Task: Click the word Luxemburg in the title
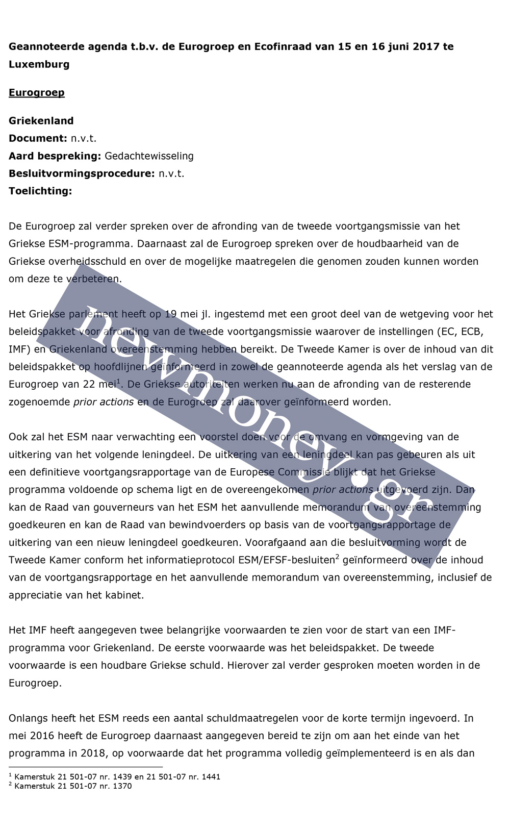(39, 64)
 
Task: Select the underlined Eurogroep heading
(37, 92)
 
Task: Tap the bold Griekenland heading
(41, 120)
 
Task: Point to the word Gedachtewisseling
(149, 156)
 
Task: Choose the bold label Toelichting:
(40, 191)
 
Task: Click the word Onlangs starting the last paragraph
(29, 718)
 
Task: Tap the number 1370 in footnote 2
(122, 786)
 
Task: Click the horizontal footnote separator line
(86, 767)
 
